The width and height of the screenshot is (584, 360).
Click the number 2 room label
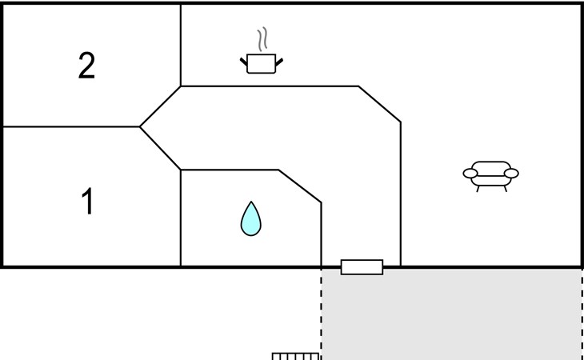pos(86,65)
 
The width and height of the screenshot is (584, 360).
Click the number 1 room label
pos(87,201)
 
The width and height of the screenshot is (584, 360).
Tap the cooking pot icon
pos(262,63)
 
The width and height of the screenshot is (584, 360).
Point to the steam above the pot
pos(262,39)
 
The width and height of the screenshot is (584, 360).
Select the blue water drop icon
pos(250,219)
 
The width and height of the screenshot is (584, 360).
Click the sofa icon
pos(491,176)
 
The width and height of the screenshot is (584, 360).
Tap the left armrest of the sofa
pos(470,173)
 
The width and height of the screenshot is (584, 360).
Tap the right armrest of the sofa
pos(511,173)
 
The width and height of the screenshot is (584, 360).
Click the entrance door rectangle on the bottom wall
pos(362,267)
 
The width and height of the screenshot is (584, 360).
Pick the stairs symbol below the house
pos(295,356)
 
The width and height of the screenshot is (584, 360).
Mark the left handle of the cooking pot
pos(243,62)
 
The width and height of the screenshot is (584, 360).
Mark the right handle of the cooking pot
pos(279,62)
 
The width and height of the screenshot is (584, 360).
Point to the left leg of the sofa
pos(478,188)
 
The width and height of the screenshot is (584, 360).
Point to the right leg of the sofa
pos(505,188)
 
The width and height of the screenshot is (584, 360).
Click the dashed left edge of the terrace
pos(321,314)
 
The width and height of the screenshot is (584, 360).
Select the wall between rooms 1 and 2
pos(71,126)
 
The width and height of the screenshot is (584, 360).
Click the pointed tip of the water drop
pos(251,202)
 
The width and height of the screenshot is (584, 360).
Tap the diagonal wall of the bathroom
pos(300,186)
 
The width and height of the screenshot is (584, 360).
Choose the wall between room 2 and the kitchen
pos(181,46)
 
